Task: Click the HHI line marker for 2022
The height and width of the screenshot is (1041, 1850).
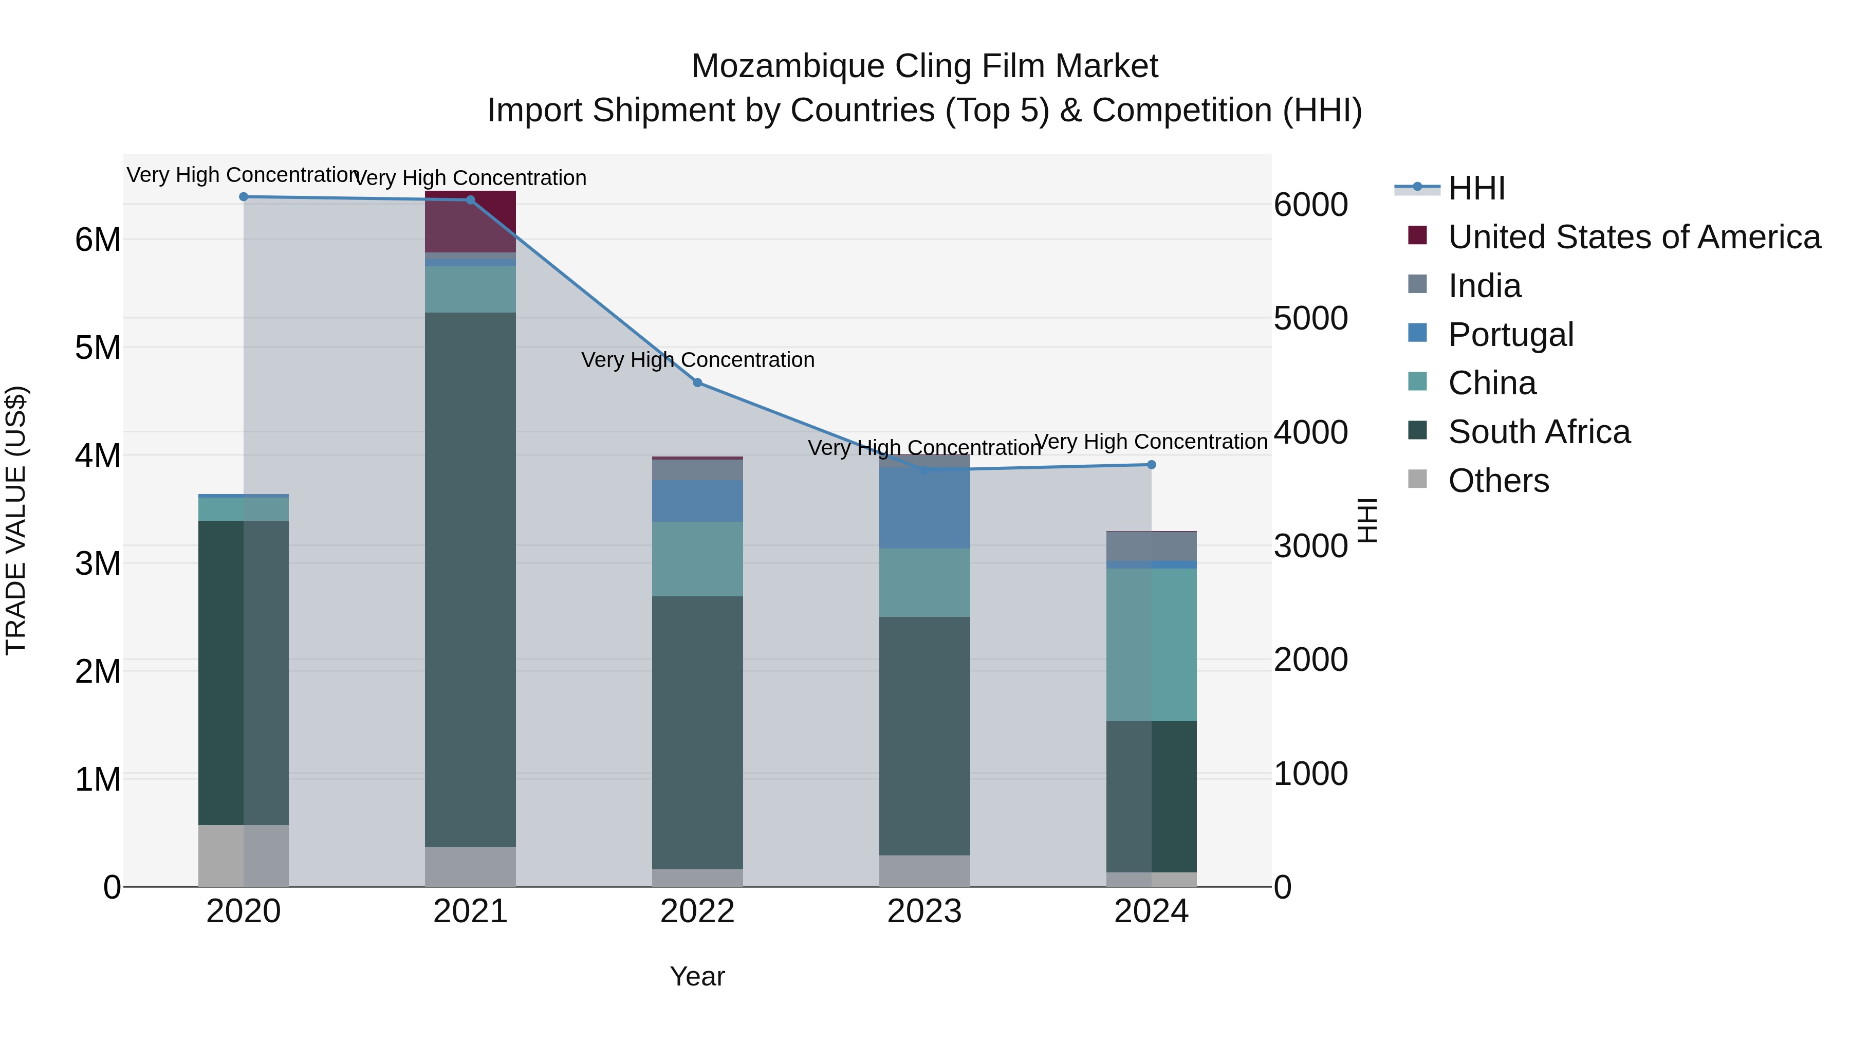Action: (x=697, y=383)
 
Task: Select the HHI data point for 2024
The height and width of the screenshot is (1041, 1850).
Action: (x=1151, y=465)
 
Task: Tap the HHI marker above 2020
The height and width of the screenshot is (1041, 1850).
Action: (x=244, y=197)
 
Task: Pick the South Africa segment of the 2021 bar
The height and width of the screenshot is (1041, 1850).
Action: (x=470, y=579)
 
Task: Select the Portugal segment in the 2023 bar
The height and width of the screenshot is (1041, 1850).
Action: (x=924, y=508)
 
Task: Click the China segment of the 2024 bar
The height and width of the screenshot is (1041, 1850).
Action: (x=1151, y=645)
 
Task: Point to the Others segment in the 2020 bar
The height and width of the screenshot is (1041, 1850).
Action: (x=244, y=855)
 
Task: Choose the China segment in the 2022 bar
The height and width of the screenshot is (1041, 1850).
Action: (x=697, y=559)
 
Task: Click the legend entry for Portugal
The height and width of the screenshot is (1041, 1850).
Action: (x=1511, y=335)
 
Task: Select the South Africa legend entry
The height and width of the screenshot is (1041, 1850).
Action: (x=1539, y=432)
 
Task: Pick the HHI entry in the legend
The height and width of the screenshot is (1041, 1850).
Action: (x=1476, y=188)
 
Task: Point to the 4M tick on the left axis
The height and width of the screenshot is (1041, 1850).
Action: (x=98, y=455)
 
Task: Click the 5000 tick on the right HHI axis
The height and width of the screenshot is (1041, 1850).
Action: (x=1310, y=318)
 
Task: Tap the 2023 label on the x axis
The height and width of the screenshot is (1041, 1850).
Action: (x=924, y=911)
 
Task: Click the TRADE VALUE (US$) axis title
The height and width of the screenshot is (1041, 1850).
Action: (x=16, y=520)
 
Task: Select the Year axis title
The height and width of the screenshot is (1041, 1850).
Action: (x=697, y=976)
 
